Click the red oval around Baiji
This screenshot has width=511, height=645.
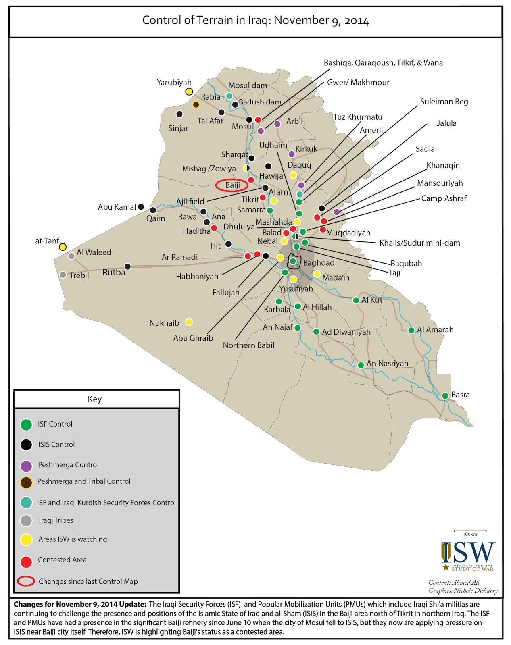tap(232, 185)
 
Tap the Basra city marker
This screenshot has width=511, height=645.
tap(445, 396)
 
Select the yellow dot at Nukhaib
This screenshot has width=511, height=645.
tap(189, 322)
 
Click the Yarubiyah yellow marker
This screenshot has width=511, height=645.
tap(189, 92)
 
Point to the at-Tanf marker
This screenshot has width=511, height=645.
tap(63, 247)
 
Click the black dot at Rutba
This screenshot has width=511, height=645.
tap(127, 266)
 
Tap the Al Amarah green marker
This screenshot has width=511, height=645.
tap(411, 331)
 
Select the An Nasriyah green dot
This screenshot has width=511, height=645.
tap(361, 365)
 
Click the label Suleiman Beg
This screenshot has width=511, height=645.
tap(444, 102)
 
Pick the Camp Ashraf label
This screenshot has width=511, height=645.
tap(444, 198)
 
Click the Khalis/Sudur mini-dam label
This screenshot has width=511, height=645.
tap(419, 243)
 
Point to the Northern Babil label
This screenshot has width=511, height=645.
tap(248, 345)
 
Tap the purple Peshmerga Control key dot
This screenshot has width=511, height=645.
tap(26, 466)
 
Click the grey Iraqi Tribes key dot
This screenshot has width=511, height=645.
tap(26, 521)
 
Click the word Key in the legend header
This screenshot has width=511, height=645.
tap(95, 399)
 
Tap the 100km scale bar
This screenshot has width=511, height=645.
tap(470, 531)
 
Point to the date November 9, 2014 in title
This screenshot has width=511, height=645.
tap(321, 21)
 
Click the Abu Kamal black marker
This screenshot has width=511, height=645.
tap(141, 207)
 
